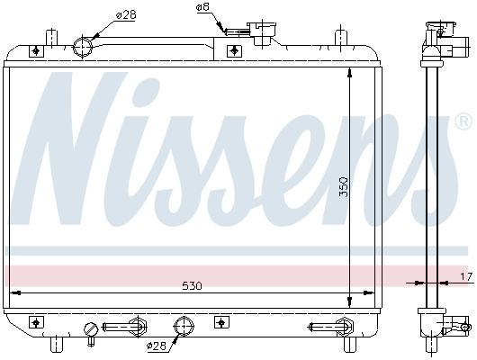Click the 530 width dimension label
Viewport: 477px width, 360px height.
192,286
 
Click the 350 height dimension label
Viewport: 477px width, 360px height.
344,187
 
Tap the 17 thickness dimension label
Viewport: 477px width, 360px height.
466,276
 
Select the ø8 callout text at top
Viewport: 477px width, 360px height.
202,7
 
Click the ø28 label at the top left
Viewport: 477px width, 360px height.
126,14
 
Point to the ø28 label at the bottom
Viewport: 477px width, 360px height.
157,346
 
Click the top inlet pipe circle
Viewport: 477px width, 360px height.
83,47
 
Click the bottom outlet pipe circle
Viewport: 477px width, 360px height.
184,326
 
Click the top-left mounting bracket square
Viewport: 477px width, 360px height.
37,50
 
